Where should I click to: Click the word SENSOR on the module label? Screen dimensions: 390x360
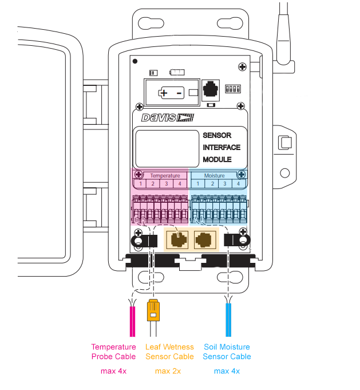coord(217,136)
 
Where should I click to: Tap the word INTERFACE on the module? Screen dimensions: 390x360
coord(221,148)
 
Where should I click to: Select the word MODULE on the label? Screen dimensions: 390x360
coord(217,160)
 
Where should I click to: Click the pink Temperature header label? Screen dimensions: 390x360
coord(165,176)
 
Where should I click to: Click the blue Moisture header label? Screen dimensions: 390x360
coord(215,176)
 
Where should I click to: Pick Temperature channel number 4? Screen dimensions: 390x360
coord(180,184)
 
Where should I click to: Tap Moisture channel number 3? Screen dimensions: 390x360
coord(225,184)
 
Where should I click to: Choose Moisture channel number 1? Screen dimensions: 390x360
coord(197,184)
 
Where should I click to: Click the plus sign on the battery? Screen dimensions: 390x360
coord(164,93)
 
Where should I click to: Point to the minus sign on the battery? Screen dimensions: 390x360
coord(179,93)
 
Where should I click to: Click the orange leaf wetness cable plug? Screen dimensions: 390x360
coord(153,310)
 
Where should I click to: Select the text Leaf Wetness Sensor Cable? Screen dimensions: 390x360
coord(170,352)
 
